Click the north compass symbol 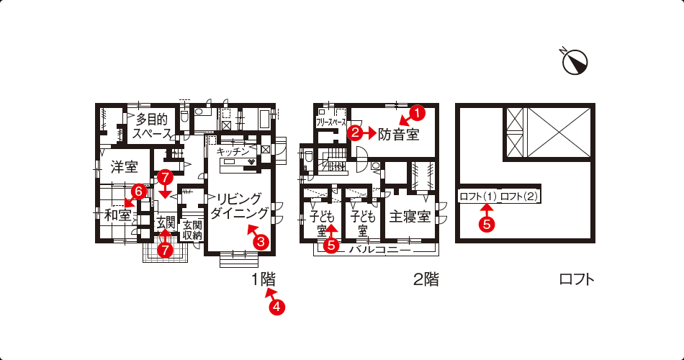click(x=575, y=61)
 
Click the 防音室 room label click(x=398, y=134)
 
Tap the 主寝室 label click(x=410, y=217)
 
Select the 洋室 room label click(x=125, y=166)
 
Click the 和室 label click(x=118, y=215)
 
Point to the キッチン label click(x=233, y=151)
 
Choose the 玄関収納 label click(x=192, y=230)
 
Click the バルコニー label click(x=380, y=251)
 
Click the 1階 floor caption click(x=263, y=279)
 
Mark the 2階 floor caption click(x=426, y=279)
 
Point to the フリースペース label click(x=331, y=122)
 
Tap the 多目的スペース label click(x=152, y=126)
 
